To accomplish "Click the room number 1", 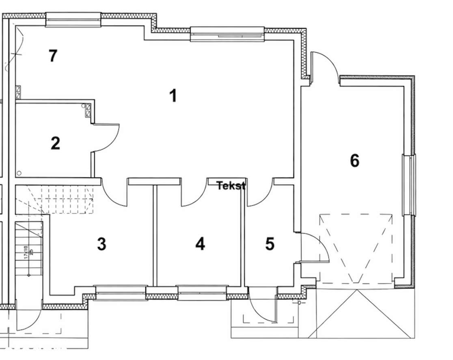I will point(173,96).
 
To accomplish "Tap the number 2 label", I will point(55,143).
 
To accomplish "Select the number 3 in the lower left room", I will point(101,244).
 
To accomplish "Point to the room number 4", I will point(200,244).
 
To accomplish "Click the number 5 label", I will point(270,244).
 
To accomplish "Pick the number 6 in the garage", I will point(354,161).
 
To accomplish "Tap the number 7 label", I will point(52,56).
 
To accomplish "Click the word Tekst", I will point(231,186).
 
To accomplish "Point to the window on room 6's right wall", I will point(409,185).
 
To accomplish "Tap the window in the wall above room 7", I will point(73,19).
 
